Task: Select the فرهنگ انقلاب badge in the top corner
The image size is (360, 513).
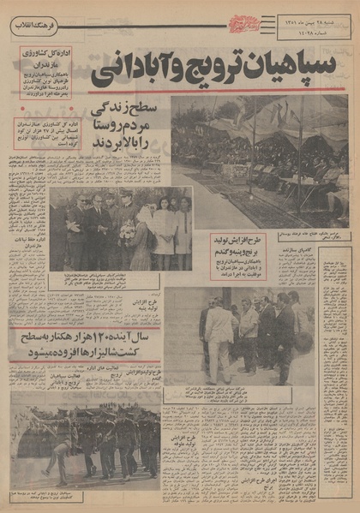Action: click(x=32, y=27)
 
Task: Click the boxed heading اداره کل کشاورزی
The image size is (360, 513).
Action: click(x=52, y=60)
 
